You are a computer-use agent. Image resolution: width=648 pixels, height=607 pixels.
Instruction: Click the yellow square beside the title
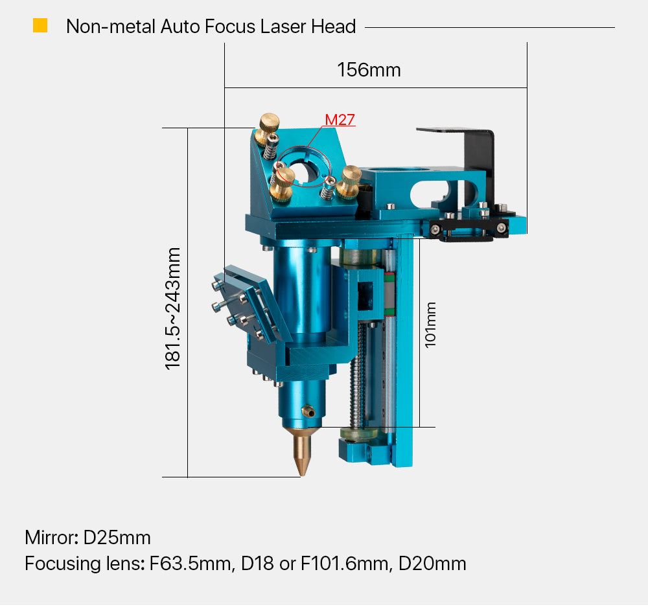click(40, 25)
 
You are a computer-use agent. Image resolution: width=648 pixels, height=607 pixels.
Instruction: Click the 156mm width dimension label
click(369, 70)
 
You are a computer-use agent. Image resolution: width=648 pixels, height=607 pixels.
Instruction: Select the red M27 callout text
click(340, 120)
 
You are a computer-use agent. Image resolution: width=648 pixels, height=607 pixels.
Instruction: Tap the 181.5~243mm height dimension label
click(173, 308)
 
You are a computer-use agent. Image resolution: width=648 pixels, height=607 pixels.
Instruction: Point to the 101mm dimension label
click(430, 325)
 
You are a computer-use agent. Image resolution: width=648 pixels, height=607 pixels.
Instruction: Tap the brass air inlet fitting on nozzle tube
click(308, 411)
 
